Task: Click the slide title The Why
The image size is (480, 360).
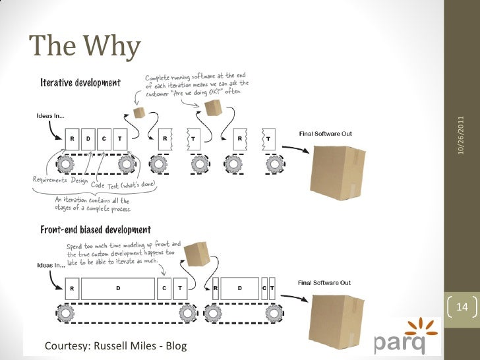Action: (84, 46)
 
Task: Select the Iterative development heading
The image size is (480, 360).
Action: (80, 83)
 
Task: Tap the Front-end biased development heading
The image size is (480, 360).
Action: (95, 230)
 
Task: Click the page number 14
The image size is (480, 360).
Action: (461, 308)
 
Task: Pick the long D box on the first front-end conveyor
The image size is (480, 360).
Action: (119, 288)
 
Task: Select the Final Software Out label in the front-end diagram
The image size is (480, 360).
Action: (325, 283)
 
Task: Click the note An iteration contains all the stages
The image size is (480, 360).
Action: (92, 204)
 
